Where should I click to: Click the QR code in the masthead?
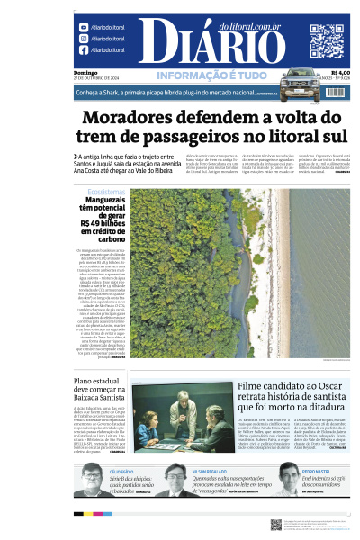point(326,40)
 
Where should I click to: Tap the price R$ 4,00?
point(340,72)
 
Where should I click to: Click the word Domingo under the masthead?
point(85,72)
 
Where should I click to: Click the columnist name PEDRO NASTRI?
point(315,471)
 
